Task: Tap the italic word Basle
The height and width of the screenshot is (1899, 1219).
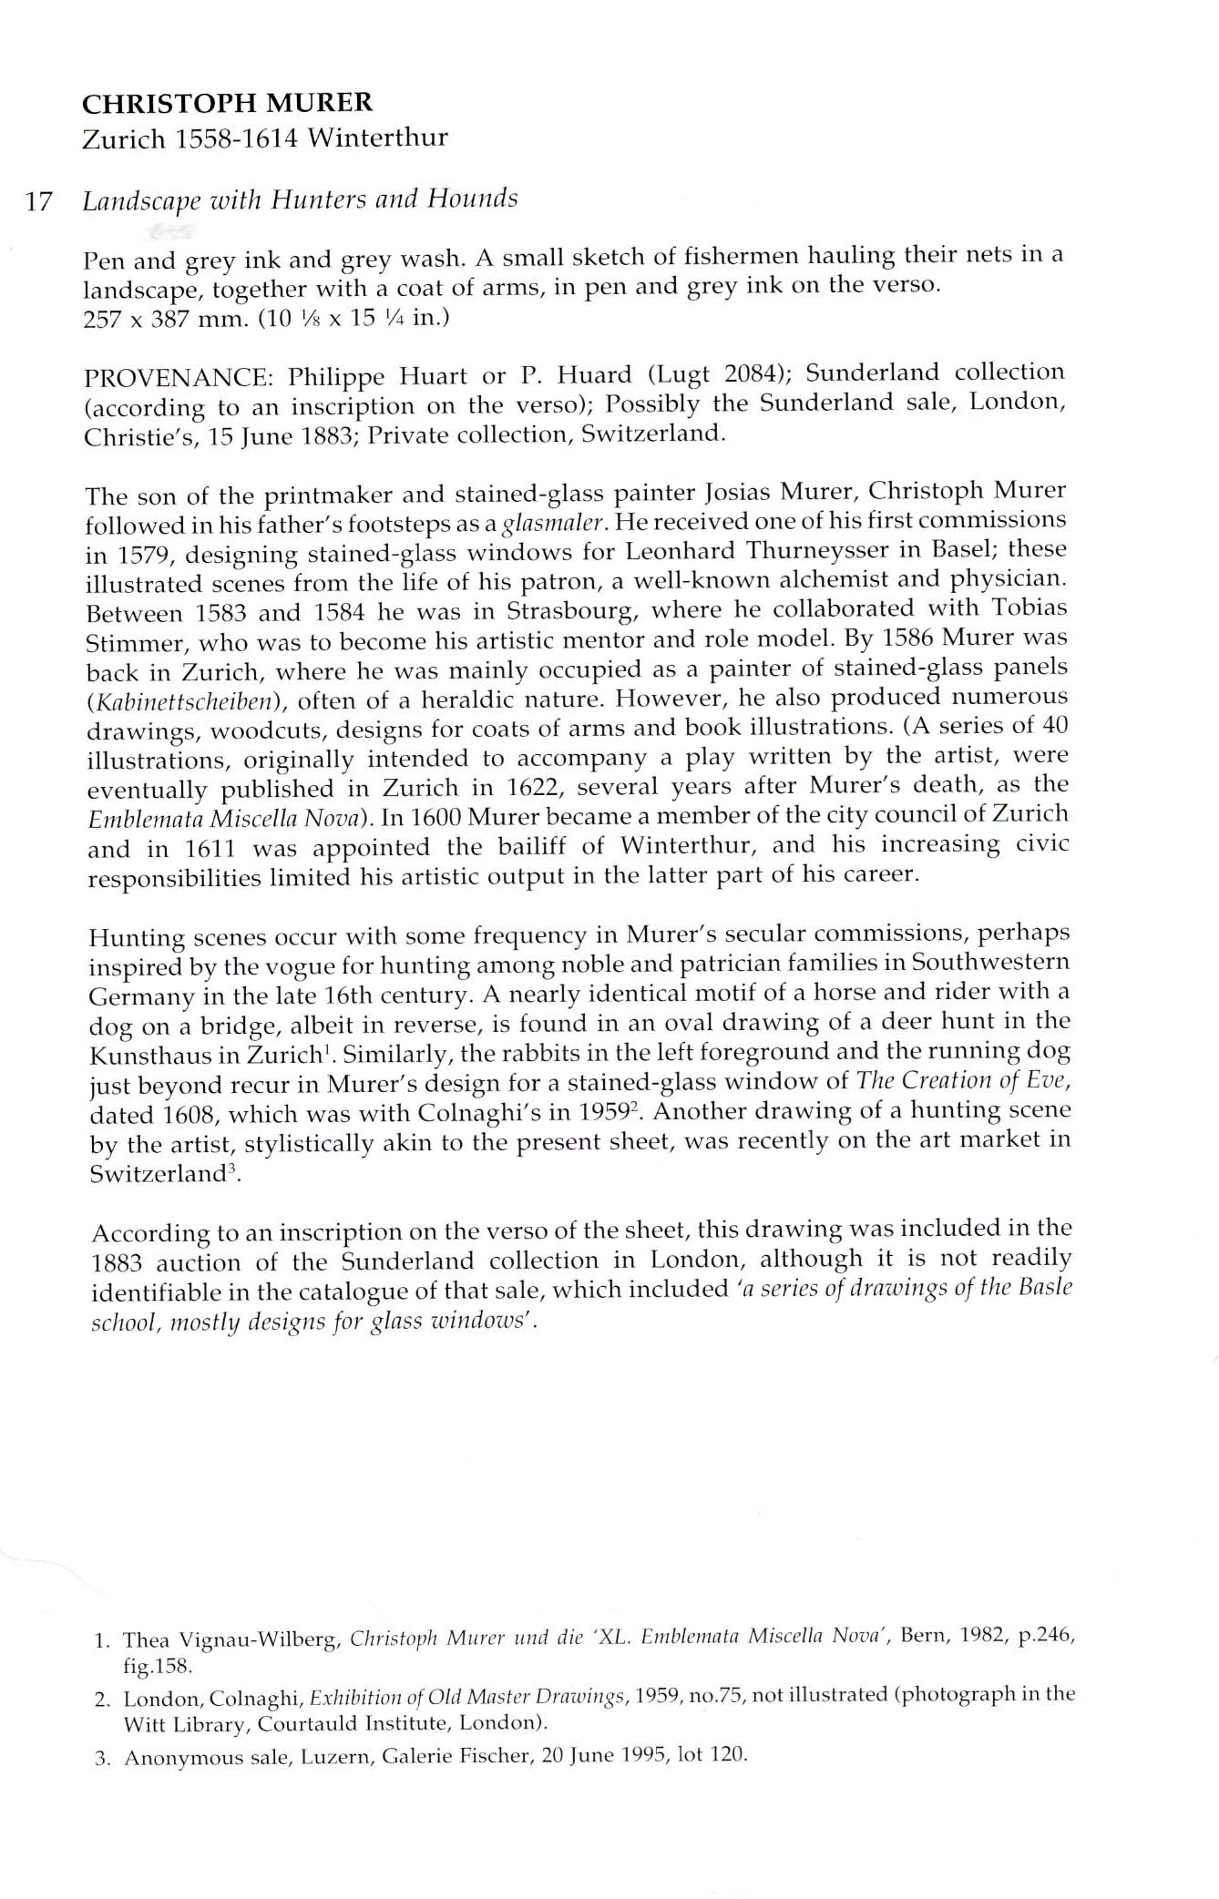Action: click(1049, 1288)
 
